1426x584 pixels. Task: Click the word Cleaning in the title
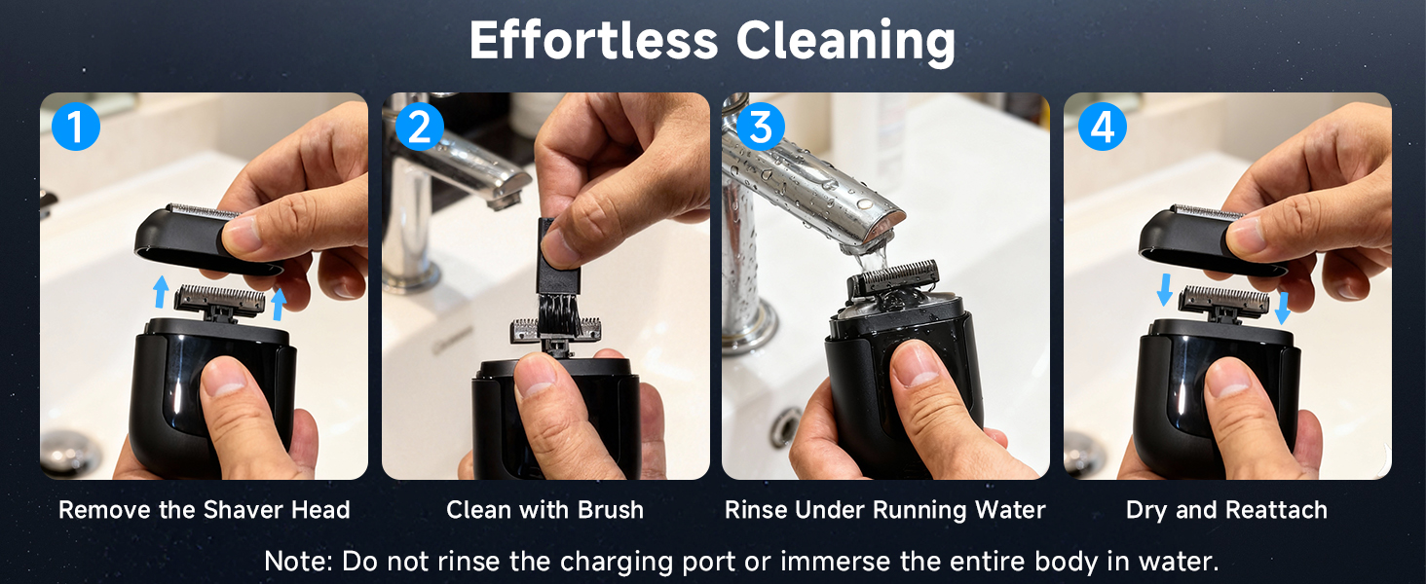click(x=844, y=41)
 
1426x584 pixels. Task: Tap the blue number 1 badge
click(x=76, y=127)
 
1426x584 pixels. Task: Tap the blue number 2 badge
click(x=420, y=127)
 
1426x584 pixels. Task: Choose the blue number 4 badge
click(x=1103, y=127)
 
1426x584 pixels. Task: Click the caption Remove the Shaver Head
click(x=204, y=510)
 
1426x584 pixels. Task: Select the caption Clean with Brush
click(x=544, y=510)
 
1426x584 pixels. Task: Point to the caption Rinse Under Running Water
click(x=884, y=510)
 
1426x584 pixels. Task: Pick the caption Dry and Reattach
click(x=1226, y=510)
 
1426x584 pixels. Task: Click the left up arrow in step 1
click(x=162, y=291)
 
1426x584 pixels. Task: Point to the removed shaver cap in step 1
click(x=195, y=238)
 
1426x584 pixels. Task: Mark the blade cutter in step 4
click(x=1223, y=299)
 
